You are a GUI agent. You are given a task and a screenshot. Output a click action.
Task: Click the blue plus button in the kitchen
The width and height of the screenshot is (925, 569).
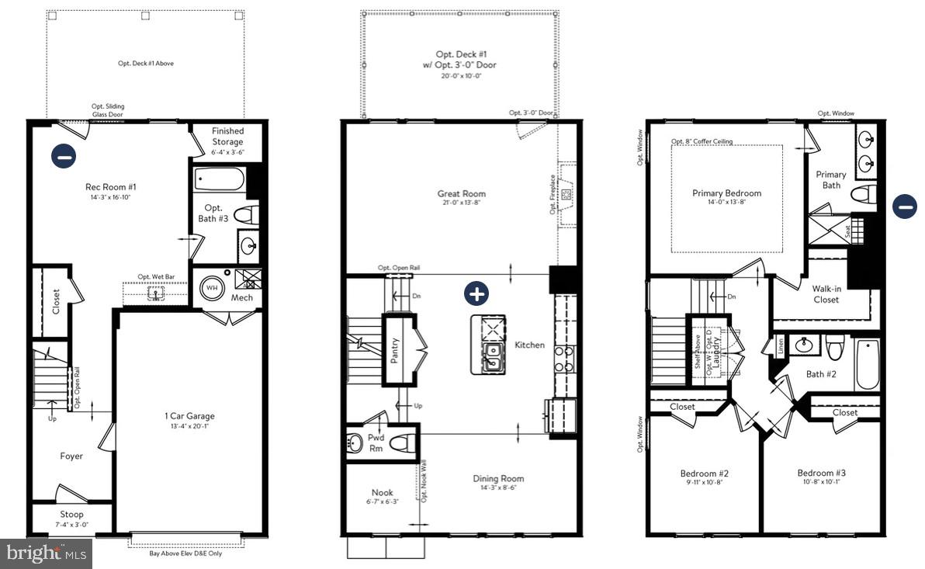[x=476, y=294]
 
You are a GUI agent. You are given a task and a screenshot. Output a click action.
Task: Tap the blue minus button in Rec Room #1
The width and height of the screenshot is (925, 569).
[x=64, y=156]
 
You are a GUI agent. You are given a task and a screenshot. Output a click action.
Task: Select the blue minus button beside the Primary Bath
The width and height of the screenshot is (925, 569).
[x=904, y=206]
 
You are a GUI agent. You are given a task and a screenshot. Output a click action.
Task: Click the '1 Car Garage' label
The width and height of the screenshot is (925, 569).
[x=184, y=416]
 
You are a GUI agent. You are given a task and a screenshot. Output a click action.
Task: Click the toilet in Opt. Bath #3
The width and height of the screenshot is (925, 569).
[x=244, y=214]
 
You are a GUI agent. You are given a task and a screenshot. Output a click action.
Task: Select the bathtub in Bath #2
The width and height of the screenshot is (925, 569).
[x=867, y=363]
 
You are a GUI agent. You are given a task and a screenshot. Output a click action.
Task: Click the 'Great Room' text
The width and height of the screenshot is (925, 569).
[x=462, y=194]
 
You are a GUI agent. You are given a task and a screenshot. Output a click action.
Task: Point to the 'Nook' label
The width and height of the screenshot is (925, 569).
[x=382, y=492]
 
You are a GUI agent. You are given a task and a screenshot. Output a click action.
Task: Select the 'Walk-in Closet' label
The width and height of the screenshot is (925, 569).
[x=826, y=294]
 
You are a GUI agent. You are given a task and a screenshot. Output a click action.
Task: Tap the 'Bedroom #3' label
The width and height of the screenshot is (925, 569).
[x=821, y=473]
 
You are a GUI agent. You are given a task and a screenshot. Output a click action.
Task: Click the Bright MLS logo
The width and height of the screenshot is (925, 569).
[x=46, y=553]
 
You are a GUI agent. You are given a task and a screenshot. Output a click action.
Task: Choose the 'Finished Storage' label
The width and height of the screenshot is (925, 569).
[x=227, y=137]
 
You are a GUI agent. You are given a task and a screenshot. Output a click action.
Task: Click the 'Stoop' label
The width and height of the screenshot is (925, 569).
[x=72, y=514]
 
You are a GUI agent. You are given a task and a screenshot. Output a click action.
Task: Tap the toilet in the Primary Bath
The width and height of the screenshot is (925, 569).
[x=862, y=194]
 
